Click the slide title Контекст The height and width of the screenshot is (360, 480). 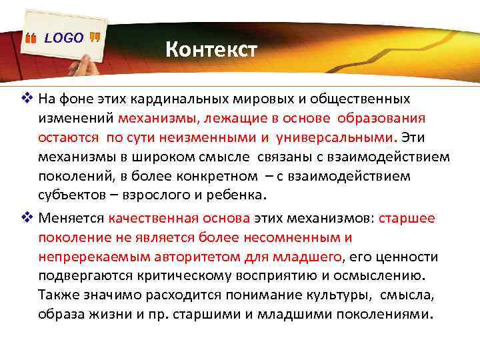click(210, 49)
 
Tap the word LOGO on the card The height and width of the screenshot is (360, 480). click(64, 38)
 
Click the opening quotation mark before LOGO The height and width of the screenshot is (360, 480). click(30, 39)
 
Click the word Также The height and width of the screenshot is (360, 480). click(58, 295)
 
